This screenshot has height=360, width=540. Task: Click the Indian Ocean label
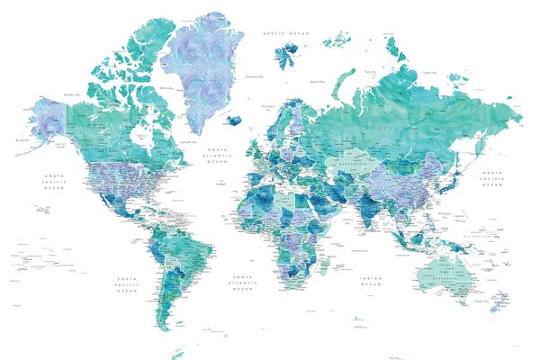(x=370, y=281)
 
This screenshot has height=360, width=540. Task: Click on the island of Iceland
(x=236, y=120)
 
